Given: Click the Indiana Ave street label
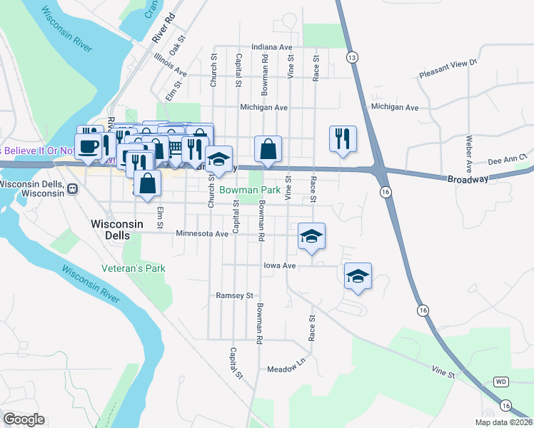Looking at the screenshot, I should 271,47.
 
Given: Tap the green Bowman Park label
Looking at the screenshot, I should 249,190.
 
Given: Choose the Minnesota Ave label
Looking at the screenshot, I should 202,233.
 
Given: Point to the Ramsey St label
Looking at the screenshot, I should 235,295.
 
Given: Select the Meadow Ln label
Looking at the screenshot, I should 286,370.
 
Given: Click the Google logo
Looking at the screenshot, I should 24,419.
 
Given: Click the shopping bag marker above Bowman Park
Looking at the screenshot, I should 268,148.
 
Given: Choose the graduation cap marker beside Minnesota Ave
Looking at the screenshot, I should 311,235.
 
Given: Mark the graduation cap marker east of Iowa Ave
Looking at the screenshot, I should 358,275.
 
